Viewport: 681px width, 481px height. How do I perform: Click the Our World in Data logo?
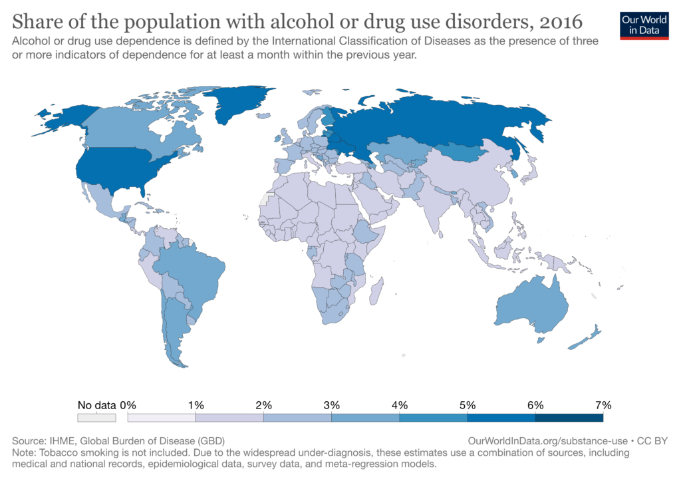[644, 25]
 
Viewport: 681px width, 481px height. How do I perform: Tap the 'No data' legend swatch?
[96, 418]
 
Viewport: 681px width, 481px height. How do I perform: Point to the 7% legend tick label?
[603, 405]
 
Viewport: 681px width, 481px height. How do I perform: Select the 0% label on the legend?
[128, 405]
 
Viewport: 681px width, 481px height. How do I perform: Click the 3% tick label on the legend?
[331, 405]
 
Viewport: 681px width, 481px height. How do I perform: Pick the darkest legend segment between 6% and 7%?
[569, 418]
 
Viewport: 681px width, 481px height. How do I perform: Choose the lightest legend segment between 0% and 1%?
[162, 418]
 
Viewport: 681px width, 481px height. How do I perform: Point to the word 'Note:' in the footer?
[25, 452]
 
